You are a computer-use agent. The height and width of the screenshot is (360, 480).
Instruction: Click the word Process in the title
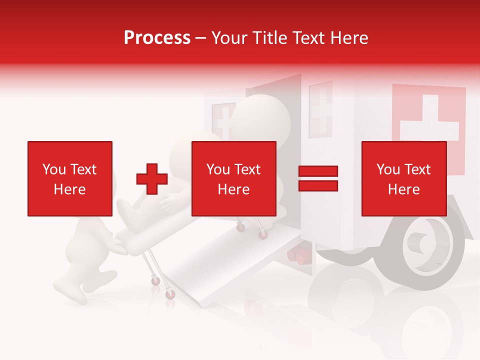point(157,38)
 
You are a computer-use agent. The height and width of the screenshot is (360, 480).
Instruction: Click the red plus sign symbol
point(152,178)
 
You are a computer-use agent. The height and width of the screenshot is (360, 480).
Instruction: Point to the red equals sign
point(318,178)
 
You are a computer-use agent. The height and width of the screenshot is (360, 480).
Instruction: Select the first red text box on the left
point(70,178)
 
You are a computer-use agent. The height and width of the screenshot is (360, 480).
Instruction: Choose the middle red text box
point(233,178)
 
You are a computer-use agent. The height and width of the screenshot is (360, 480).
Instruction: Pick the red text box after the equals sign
point(403,178)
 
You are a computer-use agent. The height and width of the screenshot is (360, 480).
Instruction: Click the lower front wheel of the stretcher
point(170,293)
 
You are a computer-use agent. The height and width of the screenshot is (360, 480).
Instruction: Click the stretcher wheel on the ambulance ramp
point(262,234)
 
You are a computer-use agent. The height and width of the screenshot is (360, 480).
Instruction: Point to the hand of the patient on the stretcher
point(169,202)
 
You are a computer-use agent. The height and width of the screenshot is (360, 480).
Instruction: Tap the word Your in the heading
point(228,38)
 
